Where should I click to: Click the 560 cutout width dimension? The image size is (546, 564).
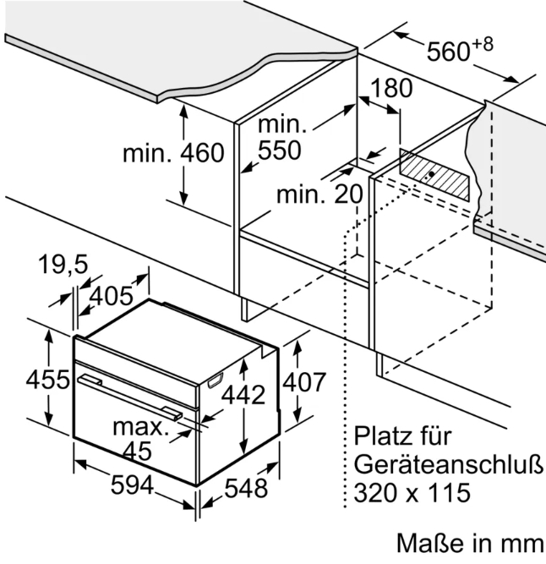click(x=448, y=51)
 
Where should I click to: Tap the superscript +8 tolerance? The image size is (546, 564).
click(x=483, y=45)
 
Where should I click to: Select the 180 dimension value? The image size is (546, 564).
click(x=391, y=89)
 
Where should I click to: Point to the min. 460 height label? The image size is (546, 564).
click(x=173, y=153)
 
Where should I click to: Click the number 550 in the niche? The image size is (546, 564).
click(x=280, y=150)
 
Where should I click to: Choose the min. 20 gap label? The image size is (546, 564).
click(x=319, y=194)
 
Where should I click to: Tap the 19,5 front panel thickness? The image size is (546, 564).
click(x=63, y=265)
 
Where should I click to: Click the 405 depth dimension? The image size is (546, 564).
click(x=111, y=297)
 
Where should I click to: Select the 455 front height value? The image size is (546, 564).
click(x=48, y=379)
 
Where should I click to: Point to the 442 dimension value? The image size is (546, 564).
click(x=243, y=395)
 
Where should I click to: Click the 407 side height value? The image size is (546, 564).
click(x=304, y=382)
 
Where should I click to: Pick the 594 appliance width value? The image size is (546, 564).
click(x=133, y=485)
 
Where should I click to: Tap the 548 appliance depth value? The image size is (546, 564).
click(x=246, y=489)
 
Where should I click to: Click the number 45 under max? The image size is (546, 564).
click(x=137, y=451)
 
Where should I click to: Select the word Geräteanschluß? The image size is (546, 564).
click(x=448, y=464)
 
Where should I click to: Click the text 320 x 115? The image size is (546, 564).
click(x=412, y=492)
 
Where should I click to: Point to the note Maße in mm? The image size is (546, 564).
click(x=470, y=543)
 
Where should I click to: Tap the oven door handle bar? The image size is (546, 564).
click(x=130, y=397)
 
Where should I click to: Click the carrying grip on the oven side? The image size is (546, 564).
click(x=215, y=381)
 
